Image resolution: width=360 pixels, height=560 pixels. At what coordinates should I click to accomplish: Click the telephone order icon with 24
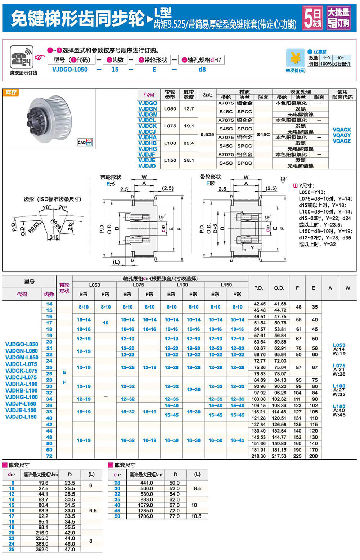tap(21, 57)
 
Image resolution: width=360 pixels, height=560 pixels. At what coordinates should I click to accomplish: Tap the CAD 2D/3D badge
tap(85, 142)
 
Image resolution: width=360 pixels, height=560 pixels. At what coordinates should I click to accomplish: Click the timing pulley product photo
tap(49, 119)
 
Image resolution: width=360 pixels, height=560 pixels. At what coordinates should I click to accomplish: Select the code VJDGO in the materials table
tap(148, 103)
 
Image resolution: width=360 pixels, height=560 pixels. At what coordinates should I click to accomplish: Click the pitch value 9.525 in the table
tap(207, 134)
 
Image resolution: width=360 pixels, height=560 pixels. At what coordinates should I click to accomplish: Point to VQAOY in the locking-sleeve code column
tap(341, 135)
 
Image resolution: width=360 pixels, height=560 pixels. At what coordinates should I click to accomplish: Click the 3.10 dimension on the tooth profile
tap(54, 237)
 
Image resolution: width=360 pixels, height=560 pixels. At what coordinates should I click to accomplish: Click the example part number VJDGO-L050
tap(70, 70)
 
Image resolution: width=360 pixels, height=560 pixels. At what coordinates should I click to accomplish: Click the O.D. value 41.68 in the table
tap(280, 304)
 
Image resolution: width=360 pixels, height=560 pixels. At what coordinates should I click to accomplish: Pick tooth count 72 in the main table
tap(49, 456)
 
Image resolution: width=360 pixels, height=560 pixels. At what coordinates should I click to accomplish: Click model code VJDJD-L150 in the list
tap(21, 417)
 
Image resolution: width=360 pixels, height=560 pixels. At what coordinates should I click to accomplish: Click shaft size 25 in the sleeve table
tap(12, 549)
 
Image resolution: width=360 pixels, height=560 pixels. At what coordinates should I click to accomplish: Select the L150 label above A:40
tap(339, 406)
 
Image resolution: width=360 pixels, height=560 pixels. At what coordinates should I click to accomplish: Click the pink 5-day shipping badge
tap(312, 18)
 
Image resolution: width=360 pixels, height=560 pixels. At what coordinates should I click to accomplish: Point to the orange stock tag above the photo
tap(11, 93)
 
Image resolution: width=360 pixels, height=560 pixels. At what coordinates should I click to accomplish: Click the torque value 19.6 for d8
tap(43, 483)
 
